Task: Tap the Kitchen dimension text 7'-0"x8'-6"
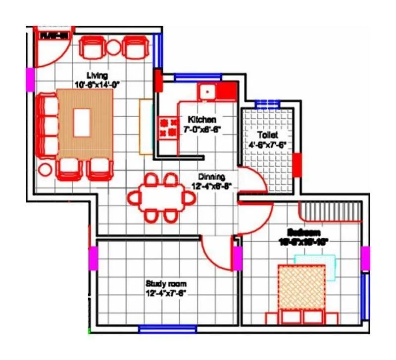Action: (203, 130)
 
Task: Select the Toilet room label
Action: (267, 135)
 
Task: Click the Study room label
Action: (166, 284)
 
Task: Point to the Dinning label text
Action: (211, 177)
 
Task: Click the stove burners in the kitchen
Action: (167, 127)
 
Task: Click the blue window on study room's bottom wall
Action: (158, 329)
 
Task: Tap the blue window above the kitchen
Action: (197, 77)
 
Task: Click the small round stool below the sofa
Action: (45, 170)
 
